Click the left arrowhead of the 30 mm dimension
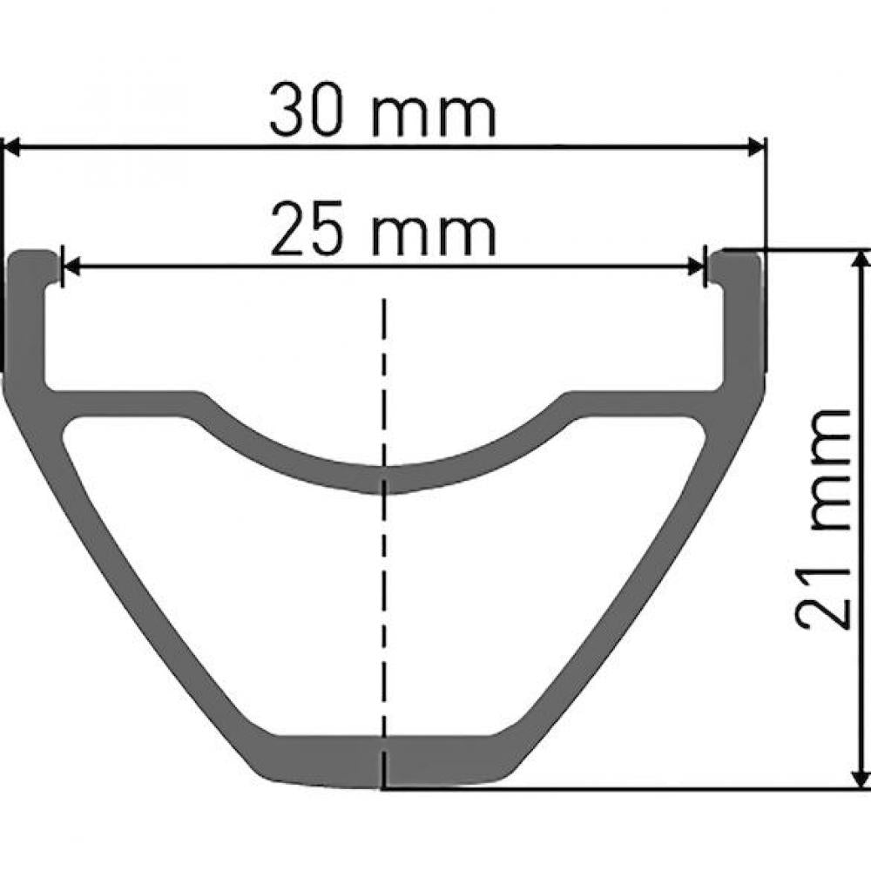click(x=12, y=148)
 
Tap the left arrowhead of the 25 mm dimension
click(x=72, y=267)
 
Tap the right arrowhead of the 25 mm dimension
click(x=695, y=267)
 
